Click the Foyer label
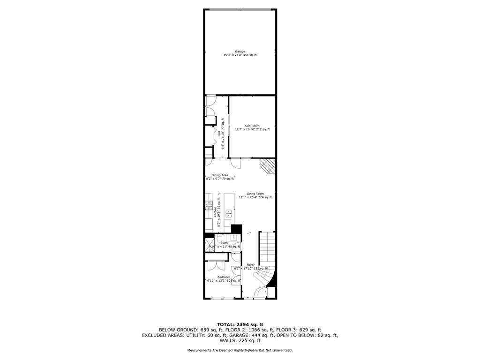click(251, 265)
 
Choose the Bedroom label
click(224, 277)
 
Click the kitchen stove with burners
click(209, 205)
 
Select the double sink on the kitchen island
click(229, 214)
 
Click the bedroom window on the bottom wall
click(222, 299)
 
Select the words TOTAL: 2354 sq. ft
click(240, 324)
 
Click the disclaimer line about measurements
click(240, 350)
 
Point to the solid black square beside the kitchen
click(236, 229)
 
